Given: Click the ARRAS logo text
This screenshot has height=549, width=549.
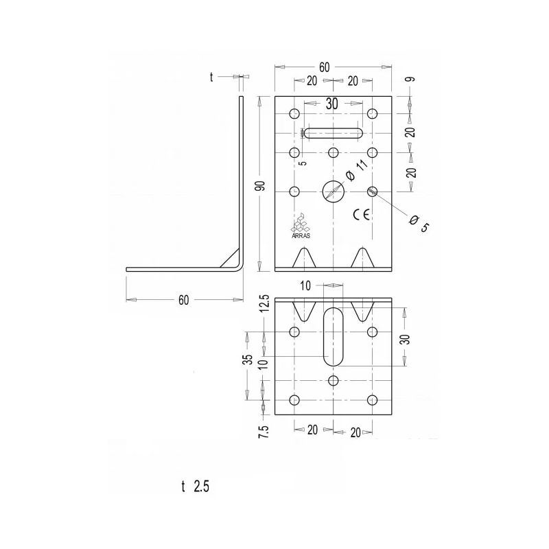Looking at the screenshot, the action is pyautogui.click(x=301, y=235).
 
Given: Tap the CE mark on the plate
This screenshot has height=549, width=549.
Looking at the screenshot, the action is pyautogui.click(x=362, y=214).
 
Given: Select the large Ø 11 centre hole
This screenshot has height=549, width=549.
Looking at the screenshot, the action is pyautogui.click(x=334, y=191).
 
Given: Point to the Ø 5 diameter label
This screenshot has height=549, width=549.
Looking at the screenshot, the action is pyautogui.click(x=419, y=224).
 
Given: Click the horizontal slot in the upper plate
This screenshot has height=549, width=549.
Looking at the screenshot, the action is pyautogui.click(x=334, y=133).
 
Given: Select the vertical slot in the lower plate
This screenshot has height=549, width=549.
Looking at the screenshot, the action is pyautogui.click(x=334, y=336).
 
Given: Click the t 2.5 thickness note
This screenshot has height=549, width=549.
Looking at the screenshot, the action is pyautogui.click(x=196, y=487).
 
